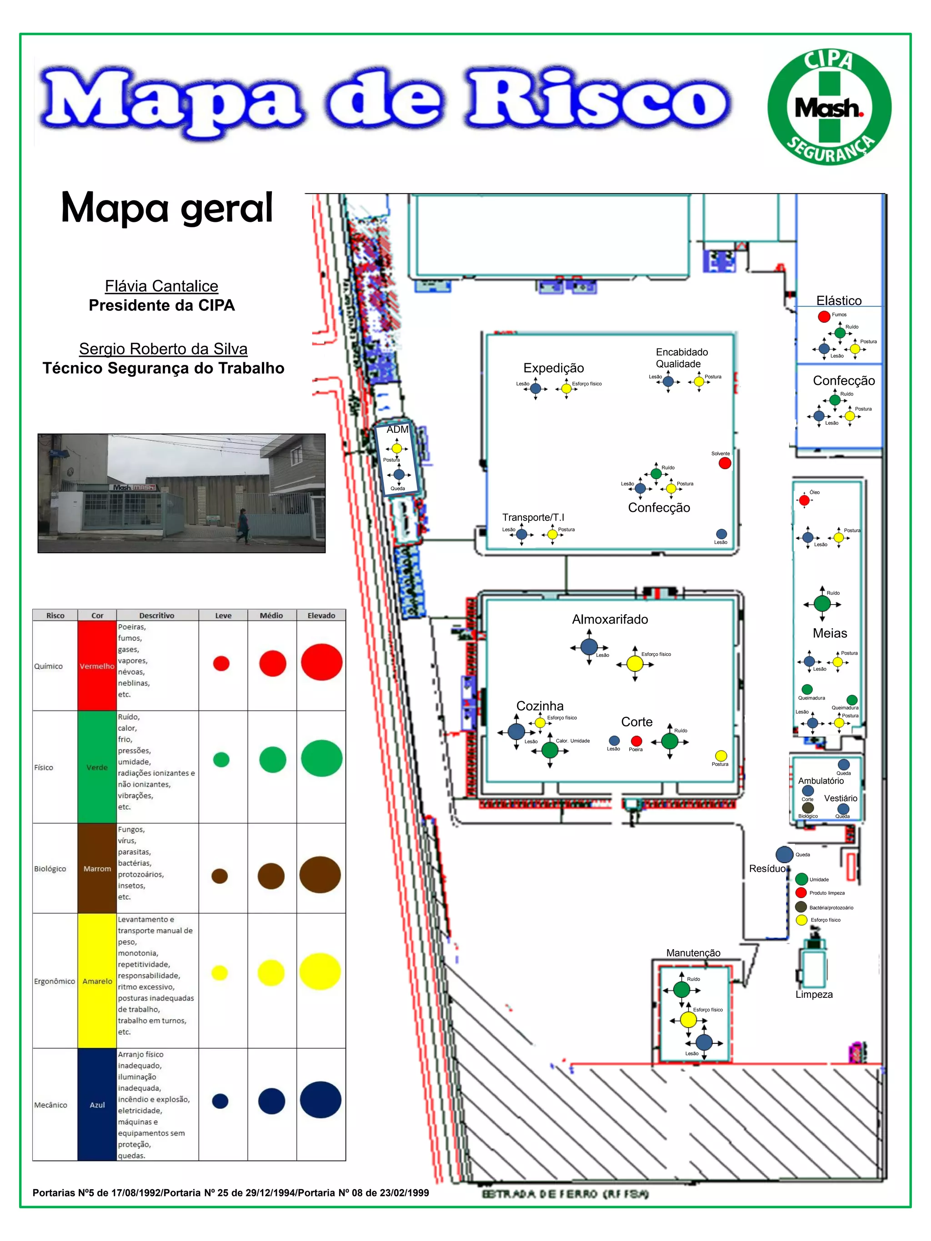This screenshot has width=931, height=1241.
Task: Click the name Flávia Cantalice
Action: [x=162, y=286]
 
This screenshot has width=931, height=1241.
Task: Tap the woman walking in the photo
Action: [x=242, y=525]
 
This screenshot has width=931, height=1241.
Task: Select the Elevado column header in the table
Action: [x=321, y=615]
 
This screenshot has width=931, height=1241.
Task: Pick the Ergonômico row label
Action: [x=54, y=981]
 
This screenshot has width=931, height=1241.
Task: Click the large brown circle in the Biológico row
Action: [x=320, y=875]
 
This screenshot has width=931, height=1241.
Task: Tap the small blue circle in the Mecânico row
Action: [x=220, y=1101]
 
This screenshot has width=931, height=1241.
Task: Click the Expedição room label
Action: [x=553, y=368]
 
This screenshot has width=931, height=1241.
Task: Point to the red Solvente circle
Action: [x=725, y=463]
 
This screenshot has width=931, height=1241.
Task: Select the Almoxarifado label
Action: [x=610, y=620]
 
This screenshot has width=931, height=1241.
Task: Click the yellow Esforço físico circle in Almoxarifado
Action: [x=635, y=664]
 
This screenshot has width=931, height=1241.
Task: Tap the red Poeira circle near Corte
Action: [x=636, y=741]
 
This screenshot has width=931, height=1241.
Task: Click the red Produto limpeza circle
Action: [x=801, y=893]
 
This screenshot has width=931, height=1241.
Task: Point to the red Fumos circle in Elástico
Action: [x=824, y=316]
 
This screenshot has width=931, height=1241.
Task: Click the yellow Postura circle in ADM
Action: [x=397, y=448]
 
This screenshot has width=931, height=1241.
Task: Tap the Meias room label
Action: [x=830, y=633]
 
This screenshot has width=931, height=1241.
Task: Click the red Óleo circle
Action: [x=804, y=500]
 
